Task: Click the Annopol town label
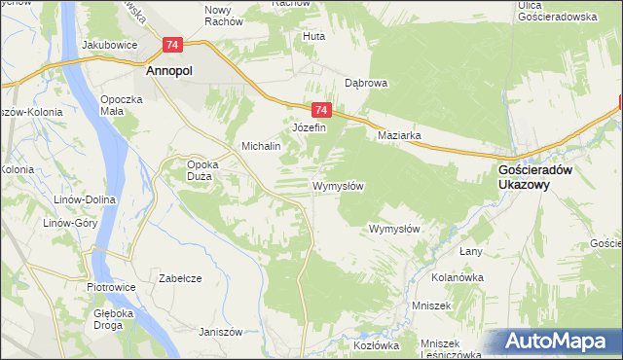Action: click(x=173, y=71)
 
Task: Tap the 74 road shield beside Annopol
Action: click(x=172, y=45)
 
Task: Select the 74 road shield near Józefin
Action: click(x=323, y=111)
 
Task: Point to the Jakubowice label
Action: click(x=107, y=45)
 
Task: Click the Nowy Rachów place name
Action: click(x=223, y=16)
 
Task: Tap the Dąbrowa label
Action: click(x=366, y=84)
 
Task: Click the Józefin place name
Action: click(x=309, y=127)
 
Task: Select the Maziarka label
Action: click(x=399, y=136)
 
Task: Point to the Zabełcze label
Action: click(x=180, y=278)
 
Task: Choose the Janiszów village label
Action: click(x=220, y=331)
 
